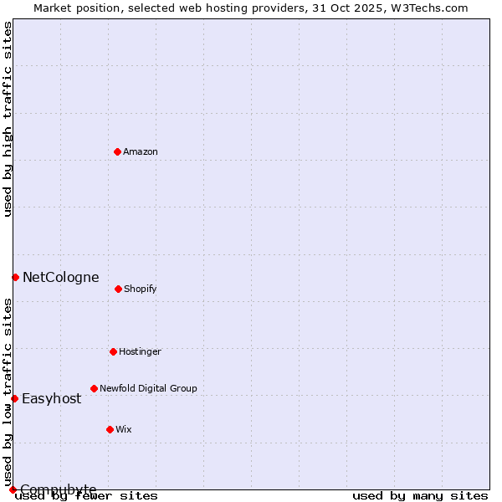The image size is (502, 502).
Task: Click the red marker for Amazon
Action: [117, 151]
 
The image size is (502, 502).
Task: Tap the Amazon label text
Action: [141, 152]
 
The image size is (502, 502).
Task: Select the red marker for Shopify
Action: [118, 289]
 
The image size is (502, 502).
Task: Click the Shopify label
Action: [141, 289]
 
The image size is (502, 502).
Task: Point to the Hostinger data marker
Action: [113, 351]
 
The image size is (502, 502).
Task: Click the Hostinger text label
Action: [140, 352]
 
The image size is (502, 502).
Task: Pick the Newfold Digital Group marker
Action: [94, 388]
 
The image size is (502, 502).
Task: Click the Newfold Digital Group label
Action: [148, 389]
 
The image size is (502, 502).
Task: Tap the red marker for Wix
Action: [110, 429]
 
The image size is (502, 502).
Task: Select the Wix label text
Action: [124, 430]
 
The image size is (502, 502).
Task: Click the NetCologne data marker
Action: [15, 277]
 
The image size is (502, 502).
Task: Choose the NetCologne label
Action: [60, 278]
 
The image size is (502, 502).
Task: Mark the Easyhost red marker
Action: [14, 398]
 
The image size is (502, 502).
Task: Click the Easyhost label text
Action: [52, 399]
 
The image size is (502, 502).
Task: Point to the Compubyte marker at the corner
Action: [13, 489]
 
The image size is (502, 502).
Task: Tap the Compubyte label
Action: [59, 489]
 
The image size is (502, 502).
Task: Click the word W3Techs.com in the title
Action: [432, 8]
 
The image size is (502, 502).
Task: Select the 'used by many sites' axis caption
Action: [420, 496]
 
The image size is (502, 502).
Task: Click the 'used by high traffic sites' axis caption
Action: [8, 119]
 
